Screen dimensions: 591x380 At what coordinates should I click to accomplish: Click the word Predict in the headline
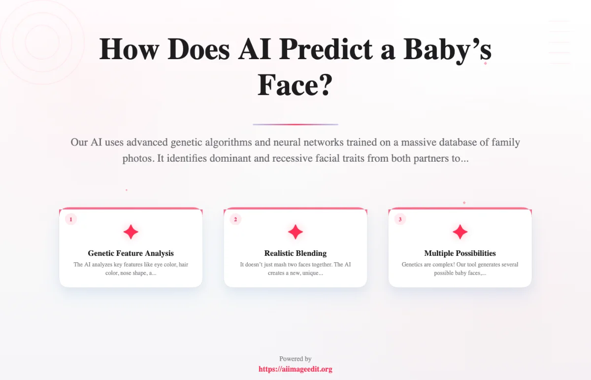coord(326,49)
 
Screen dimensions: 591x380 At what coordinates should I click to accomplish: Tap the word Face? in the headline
coord(295,85)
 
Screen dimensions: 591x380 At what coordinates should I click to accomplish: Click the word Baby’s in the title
coord(447,50)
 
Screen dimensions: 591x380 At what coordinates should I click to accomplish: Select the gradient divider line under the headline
coord(295,124)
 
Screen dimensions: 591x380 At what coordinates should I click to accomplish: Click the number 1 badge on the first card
coord(71,219)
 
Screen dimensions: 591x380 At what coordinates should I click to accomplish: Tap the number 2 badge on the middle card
coord(235,219)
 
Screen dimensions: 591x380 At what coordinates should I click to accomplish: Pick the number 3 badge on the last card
coord(400,219)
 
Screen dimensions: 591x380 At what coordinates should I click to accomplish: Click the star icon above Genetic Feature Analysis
coord(131,232)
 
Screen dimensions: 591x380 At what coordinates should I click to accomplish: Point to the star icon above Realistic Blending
coord(295,232)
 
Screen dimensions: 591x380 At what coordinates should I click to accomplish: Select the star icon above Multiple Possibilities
coord(460,232)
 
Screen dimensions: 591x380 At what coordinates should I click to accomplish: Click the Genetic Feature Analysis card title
coord(131,253)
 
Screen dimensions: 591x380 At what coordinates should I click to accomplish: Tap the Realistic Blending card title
coord(295,253)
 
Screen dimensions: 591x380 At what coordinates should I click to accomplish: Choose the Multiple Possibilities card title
coord(460,253)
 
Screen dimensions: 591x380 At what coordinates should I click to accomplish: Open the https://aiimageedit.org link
coord(295,369)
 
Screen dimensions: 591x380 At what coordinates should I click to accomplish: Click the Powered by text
coord(295,359)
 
